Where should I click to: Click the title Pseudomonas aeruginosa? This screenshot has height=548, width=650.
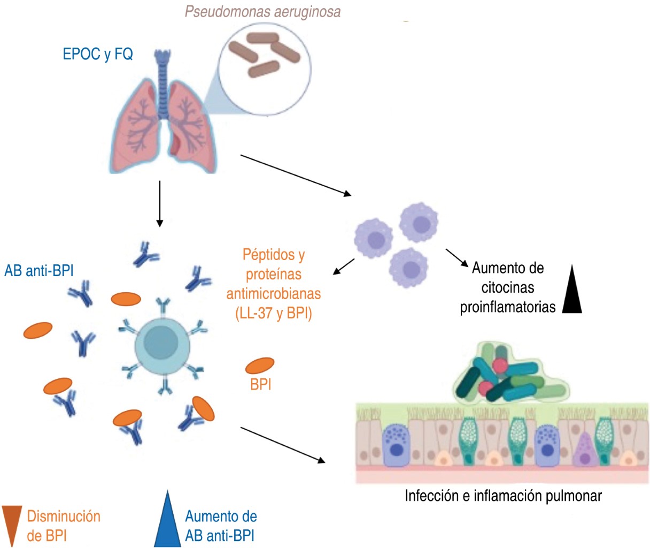[x=262, y=12]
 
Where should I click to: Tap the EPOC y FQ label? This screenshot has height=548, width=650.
[x=98, y=54]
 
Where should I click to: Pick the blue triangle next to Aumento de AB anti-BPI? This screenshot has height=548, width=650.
[x=167, y=522]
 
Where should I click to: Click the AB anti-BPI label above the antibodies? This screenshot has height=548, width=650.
[x=39, y=270]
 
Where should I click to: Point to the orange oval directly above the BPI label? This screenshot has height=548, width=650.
[x=260, y=366]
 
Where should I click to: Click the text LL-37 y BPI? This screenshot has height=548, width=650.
[x=273, y=314]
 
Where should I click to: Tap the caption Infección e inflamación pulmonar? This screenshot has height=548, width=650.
[x=503, y=496]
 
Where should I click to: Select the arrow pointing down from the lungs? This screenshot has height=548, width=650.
[x=159, y=204]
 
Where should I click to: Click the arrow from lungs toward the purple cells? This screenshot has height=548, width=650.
[x=296, y=174]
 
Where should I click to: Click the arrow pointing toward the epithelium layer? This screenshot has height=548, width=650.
[x=283, y=444]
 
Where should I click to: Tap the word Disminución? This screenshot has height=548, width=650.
[x=64, y=516]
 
